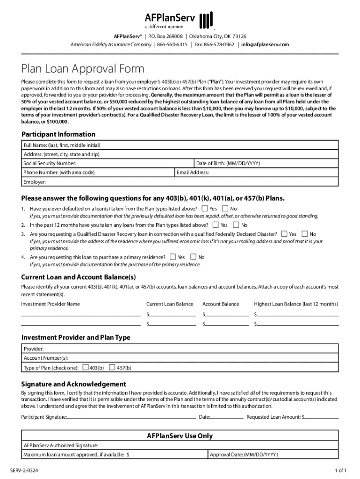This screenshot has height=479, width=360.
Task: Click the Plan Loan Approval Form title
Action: tap(83, 69)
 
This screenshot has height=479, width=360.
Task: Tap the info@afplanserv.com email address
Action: tap(265, 44)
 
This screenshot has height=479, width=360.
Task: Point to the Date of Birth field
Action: tap(266, 163)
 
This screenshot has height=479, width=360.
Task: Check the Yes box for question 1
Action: tap(205, 208)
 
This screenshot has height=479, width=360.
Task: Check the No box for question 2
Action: tap(237, 225)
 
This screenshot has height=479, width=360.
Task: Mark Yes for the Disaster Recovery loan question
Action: tap(285, 233)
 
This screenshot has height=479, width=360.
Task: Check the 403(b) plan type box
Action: tap(86, 368)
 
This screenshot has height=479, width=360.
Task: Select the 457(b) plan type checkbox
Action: tap(112, 368)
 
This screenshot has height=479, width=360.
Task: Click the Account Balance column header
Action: tap(221, 304)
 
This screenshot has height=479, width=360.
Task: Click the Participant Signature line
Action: tap(131, 416)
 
